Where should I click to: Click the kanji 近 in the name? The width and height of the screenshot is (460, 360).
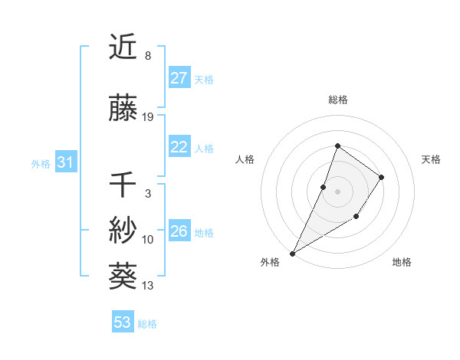[x=124, y=47]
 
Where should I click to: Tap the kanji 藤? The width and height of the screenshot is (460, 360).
[x=124, y=110]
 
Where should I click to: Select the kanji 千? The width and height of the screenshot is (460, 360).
[x=124, y=185]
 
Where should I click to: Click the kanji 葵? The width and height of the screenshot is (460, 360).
[x=124, y=274]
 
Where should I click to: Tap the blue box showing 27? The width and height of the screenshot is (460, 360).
[x=179, y=78]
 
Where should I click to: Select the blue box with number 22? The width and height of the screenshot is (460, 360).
[x=179, y=148]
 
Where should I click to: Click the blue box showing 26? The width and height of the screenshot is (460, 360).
[x=179, y=231]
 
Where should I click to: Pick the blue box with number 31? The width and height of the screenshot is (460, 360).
[x=66, y=162]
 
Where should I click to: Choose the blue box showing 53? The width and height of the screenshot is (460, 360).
[x=123, y=322]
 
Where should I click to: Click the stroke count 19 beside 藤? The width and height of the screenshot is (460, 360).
[x=148, y=117]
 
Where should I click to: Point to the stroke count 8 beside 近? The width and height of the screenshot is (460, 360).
[x=147, y=56]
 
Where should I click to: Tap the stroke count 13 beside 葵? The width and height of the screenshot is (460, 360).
[x=148, y=286]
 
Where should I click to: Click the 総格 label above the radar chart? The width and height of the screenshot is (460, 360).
[x=337, y=100]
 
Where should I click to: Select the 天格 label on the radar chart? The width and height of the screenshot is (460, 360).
[x=432, y=159]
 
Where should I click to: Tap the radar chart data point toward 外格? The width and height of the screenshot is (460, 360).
[x=292, y=253]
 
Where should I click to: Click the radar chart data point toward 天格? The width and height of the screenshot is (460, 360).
[x=381, y=177]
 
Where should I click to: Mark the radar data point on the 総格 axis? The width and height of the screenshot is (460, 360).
[x=337, y=146]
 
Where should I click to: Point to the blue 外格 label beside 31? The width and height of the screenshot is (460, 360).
[x=41, y=163]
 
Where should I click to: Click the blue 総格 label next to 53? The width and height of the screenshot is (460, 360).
[x=147, y=324]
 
